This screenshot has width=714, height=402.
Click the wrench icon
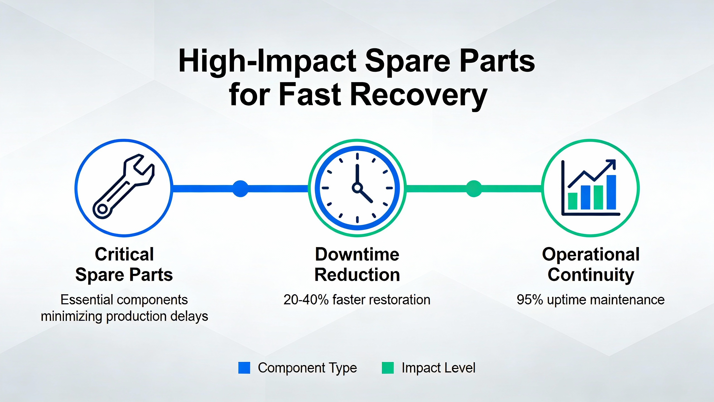click(x=124, y=186)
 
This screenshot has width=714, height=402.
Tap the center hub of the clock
click(x=357, y=188)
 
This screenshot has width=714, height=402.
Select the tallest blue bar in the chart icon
click(x=611, y=192)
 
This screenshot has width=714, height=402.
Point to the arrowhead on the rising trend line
click(x=611, y=164)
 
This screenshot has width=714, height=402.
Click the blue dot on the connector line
click(x=240, y=189)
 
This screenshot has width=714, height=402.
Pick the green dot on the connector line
click(x=474, y=189)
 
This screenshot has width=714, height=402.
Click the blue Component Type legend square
click(x=244, y=368)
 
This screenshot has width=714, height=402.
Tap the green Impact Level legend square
click(x=388, y=368)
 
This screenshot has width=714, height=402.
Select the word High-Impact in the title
click(x=267, y=61)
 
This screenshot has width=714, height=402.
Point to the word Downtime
click(x=357, y=254)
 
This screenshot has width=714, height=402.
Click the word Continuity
click(x=591, y=275)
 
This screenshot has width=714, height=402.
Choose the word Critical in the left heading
click(x=124, y=254)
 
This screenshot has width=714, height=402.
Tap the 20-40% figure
click(x=306, y=300)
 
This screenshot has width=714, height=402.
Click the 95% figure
click(x=530, y=300)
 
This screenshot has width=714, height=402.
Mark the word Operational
click(x=591, y=255)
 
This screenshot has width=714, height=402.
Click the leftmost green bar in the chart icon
click(x=573, y=201)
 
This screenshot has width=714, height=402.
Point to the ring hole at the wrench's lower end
click(x=102, y=209)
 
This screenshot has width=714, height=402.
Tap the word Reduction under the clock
click(x=357, y=275)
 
